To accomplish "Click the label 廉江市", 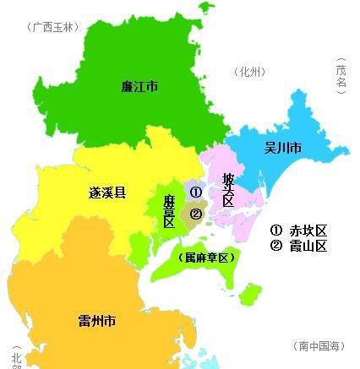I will coord(141,86).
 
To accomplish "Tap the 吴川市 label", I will coord(283,149).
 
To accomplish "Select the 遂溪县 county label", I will coord(107,193).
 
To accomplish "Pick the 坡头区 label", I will coord(227,190).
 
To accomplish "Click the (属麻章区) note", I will coord(205,257).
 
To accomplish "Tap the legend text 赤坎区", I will coord(308,231).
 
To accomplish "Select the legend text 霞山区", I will coord(308,247).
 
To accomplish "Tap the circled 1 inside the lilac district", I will coord(196,192).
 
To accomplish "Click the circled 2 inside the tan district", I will coord(196,214).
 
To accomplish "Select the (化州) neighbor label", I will coord(252,72).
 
